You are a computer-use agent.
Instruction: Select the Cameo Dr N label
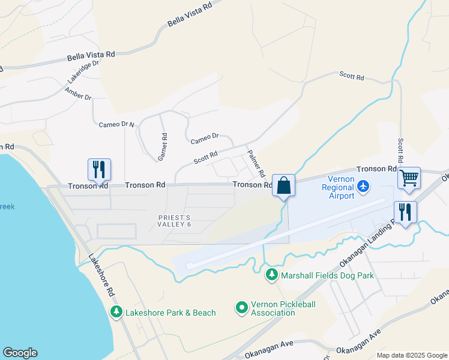coord(117,124)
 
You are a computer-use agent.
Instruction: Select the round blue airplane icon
coord(363,187)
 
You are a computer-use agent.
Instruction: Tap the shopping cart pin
coord(409,178)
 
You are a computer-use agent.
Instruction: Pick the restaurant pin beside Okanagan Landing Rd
coord(405,212)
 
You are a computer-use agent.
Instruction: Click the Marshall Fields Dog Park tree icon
coord(271,275)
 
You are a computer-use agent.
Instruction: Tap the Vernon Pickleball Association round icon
coord(241,308)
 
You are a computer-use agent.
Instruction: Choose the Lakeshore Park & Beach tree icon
coord(116,312)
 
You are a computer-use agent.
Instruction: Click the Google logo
coord(20,353)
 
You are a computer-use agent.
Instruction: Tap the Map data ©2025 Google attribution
coord(412,355)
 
